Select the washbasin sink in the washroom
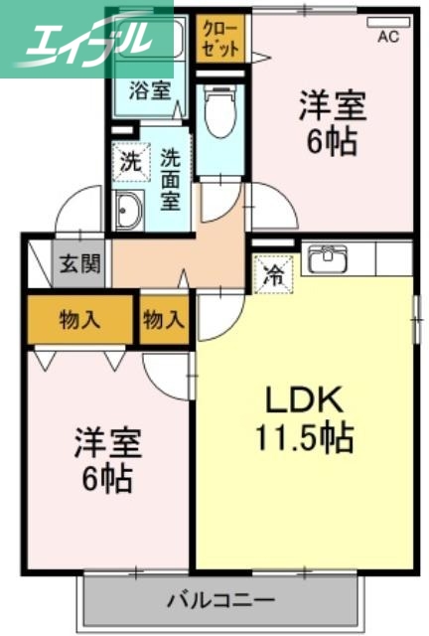[x=129, y=210]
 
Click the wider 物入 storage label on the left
[x=79, y=320]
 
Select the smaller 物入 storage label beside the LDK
[x=164, y=320]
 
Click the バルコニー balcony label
[x=220, y=599]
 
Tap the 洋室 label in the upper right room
[x=334, y=104]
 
